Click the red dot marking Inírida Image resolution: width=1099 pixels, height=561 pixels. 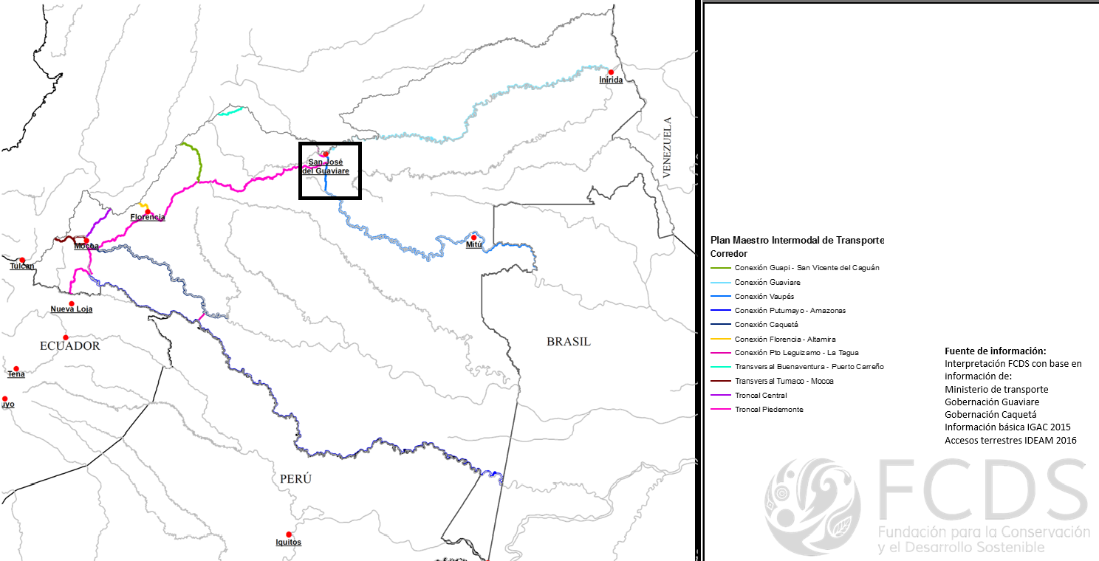[611, 72]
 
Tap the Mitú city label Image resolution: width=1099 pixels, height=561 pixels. [473, 244]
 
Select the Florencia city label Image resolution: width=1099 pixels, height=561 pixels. [148, 218]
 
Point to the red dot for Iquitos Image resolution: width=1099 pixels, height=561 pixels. [289, 534]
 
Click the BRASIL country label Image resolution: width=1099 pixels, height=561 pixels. [569, 342]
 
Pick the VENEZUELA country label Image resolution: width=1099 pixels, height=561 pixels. [668, 147]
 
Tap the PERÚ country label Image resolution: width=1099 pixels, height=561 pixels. [295, 479]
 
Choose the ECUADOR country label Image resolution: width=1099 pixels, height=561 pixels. [70, 345]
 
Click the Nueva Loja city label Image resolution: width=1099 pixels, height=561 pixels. [72, 309]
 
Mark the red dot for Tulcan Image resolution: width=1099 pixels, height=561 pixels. [22, 260]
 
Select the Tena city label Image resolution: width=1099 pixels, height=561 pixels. [16, 374]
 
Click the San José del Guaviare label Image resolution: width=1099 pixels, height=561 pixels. [326, 166]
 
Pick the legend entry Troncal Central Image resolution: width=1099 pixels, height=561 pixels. [761, 395]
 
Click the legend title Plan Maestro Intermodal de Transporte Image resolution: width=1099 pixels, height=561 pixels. [797, 240]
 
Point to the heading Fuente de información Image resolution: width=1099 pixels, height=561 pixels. [996, 351]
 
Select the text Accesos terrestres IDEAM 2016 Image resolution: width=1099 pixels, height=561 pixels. [1010, 441]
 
